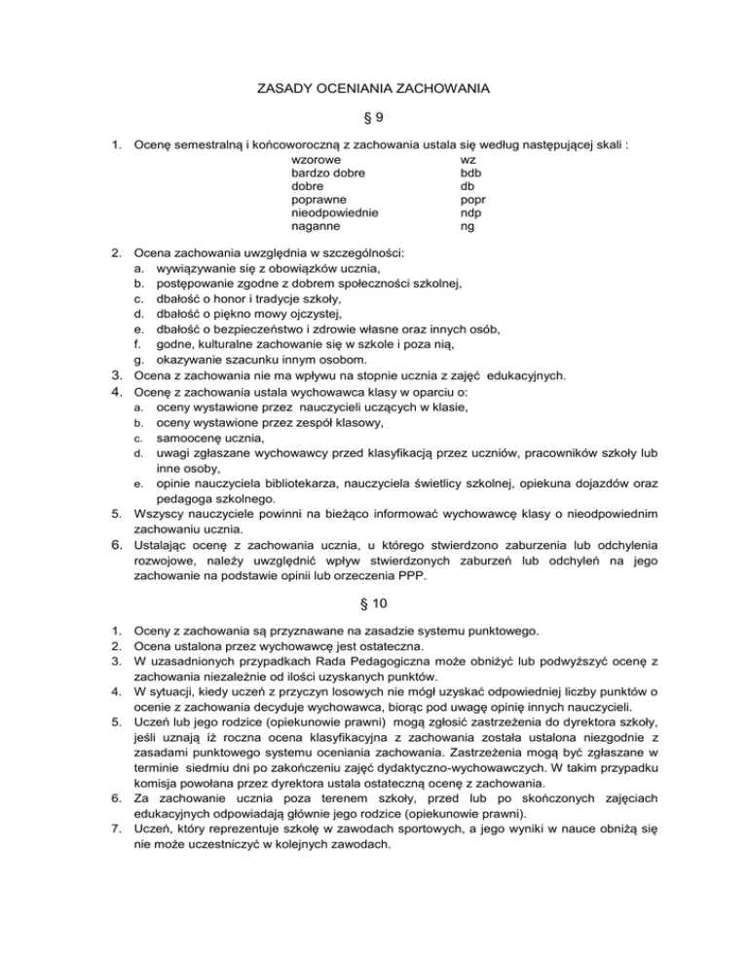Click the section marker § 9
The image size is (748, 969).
(373, 118)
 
